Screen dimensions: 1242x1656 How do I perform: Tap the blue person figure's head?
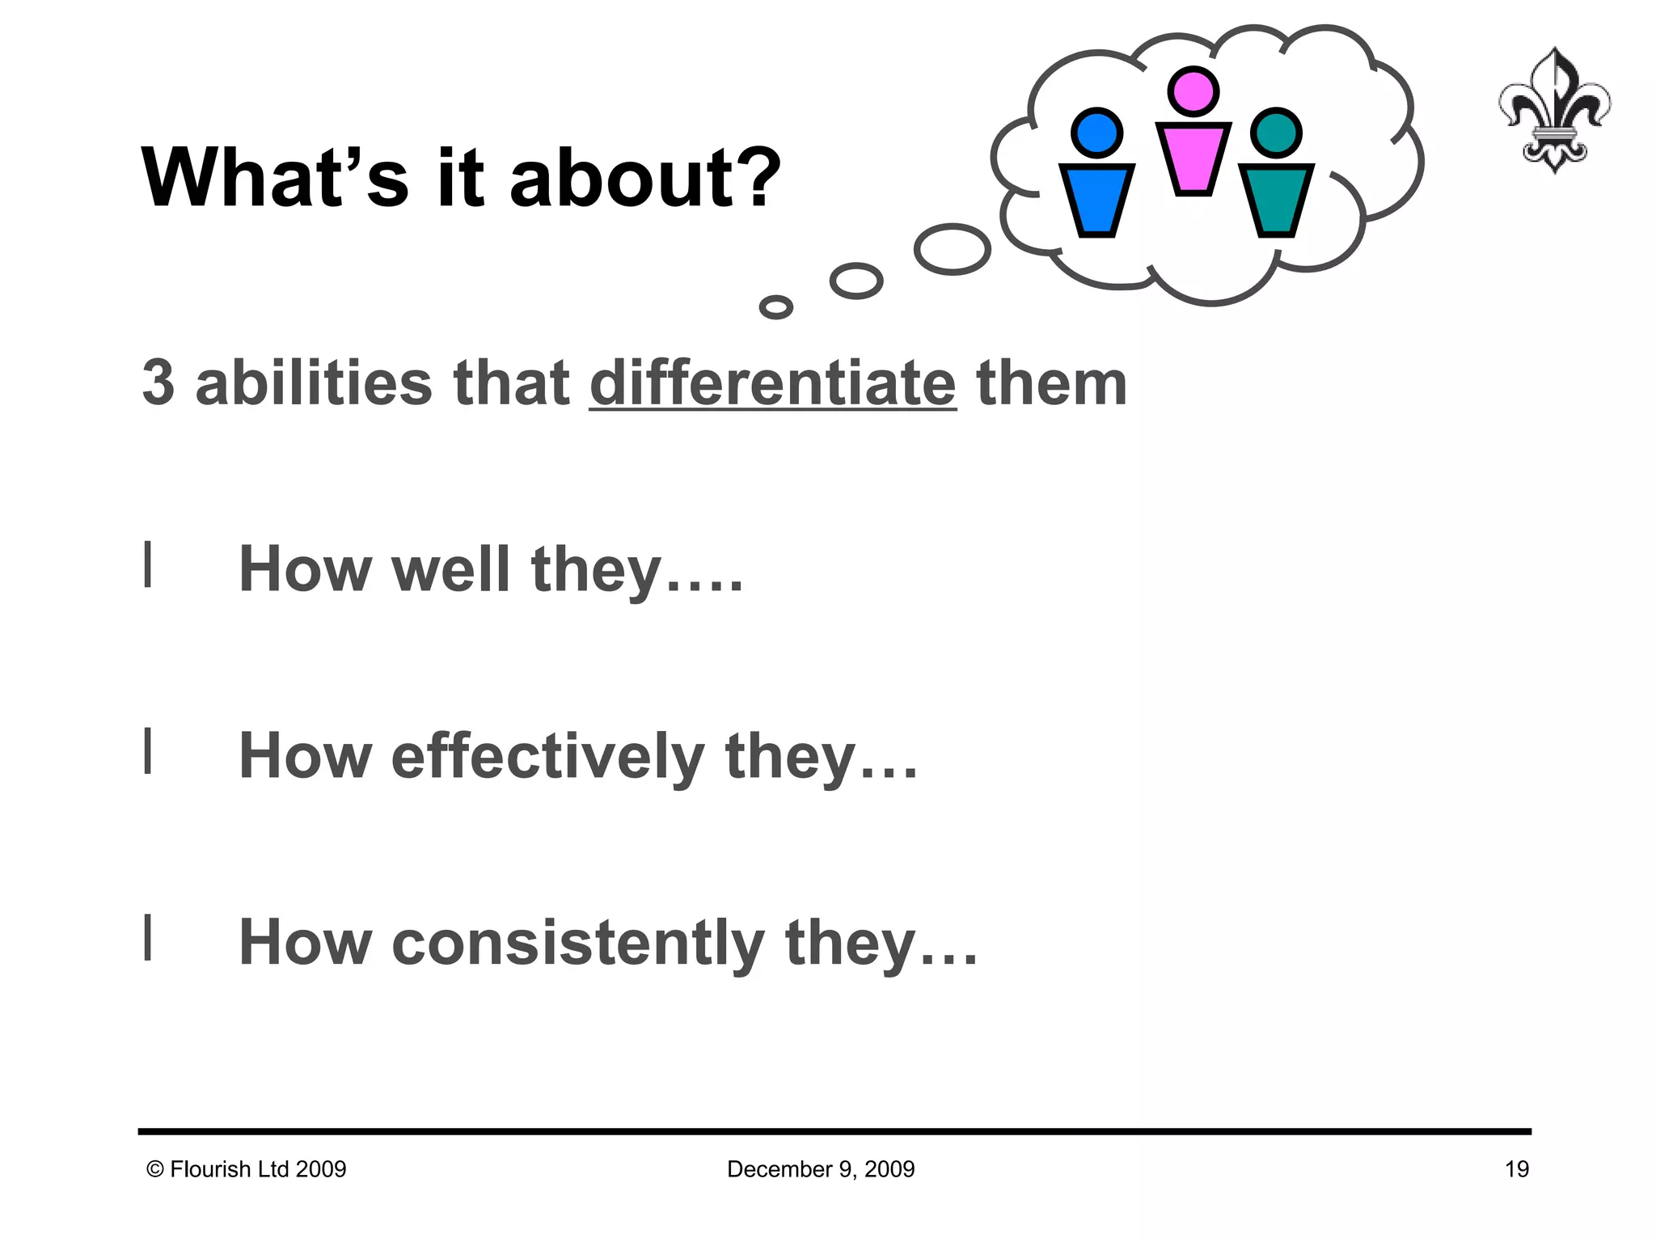pos(1096,133)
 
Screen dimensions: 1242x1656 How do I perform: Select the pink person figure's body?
pos(1193,158)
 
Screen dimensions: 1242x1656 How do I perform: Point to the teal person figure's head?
pos(1276,133)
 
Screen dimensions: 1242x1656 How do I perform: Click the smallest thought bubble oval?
pos(776,307)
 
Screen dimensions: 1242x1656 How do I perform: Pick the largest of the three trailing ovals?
pos(953,249)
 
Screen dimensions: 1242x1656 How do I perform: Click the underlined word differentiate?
pos(772,383)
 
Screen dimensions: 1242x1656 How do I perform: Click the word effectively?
pos(547,757)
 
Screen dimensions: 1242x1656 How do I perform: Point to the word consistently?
pos(577,944)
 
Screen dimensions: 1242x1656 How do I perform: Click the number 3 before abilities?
pos(158,383)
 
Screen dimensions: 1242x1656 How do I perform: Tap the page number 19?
pos(1516,1169)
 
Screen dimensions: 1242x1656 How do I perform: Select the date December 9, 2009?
pos(821,1169)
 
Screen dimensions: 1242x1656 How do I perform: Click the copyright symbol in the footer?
pos(155,1169)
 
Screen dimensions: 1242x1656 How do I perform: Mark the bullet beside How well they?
pos(148,564)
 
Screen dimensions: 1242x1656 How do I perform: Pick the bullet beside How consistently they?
pos(148,938)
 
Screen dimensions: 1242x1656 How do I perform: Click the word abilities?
pos(314,383)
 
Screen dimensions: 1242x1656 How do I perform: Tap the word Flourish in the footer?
pos(210,1169)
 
